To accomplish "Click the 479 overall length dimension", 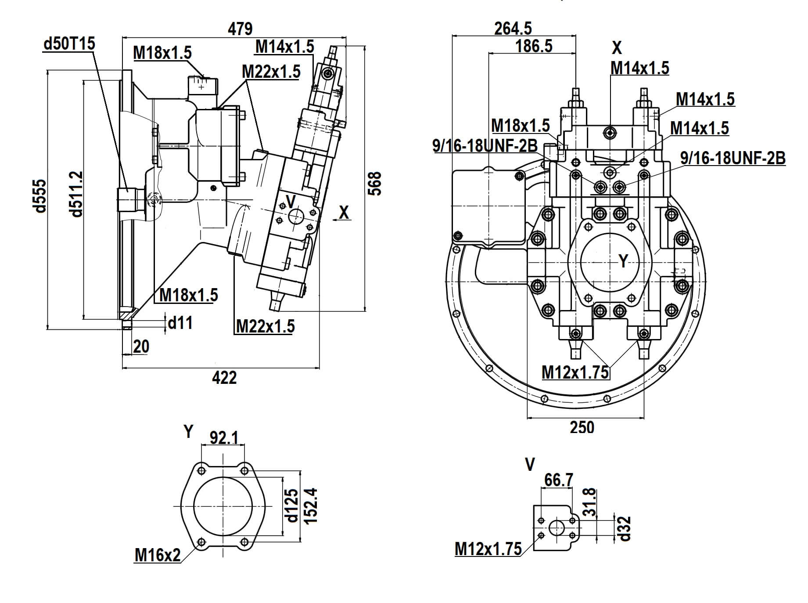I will point(240,29).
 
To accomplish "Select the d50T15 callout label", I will point(69,44).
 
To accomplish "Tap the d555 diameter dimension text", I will point(40,195).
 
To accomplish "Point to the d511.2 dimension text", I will point(76,194).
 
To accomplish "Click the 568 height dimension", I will point(375,183).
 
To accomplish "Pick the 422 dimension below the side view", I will point(224,377).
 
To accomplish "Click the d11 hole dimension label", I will point(180,323).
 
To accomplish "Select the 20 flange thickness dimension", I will point(141,347).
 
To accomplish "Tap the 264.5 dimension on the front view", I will point(513,29).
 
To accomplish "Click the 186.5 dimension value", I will point(534,46).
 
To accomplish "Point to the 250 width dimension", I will point(582,427).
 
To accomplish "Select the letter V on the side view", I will point(290,201).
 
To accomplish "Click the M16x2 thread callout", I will point(158,555).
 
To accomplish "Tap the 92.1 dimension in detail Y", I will point(224,437).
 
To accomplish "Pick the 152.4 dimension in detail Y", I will point(311,506).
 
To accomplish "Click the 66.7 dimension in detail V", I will point(558,480).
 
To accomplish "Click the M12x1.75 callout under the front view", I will point(575,372).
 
